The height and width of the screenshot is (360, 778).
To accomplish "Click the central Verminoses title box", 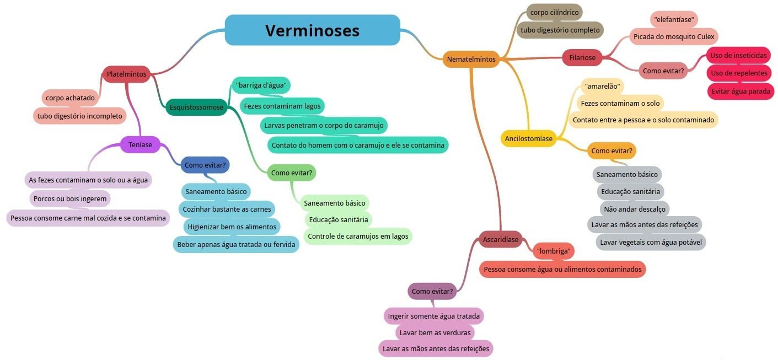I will [x=312, y=30].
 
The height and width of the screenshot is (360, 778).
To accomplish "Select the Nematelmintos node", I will [x=471, y=59].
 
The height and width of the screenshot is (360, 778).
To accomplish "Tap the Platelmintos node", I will [x=126, y=74].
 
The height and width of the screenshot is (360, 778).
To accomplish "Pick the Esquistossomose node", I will [x=197, y=108].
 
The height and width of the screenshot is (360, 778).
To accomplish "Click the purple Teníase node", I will [x=140, y=145].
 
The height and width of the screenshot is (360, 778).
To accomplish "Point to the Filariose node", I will [x=582, y=57].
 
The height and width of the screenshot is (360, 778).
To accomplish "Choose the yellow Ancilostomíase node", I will [x=528, y=138].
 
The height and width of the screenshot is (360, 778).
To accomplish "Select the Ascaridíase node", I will [x=500, y=239].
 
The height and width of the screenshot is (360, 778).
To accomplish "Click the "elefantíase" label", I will [x=674, y=20].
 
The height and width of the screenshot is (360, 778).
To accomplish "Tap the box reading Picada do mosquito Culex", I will [x=673, y=37].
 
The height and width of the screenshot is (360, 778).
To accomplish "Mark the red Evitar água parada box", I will [x=741, y=91].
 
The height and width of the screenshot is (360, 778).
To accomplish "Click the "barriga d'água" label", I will [x=261, y=85].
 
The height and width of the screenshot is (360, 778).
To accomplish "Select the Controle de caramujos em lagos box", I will [x=358, y=236].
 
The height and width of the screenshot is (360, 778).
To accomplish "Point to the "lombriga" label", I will [x=553, y=251].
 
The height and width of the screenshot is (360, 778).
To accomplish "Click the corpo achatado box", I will [x=70, y=98].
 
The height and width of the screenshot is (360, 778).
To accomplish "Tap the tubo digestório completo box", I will [x=560, y=30].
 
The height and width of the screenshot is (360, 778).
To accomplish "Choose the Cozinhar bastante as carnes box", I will [x=227, y=209].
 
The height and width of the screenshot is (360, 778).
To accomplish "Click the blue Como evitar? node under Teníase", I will [x=205, y=165].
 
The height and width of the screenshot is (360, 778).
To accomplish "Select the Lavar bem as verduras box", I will [x=434, y=332].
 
